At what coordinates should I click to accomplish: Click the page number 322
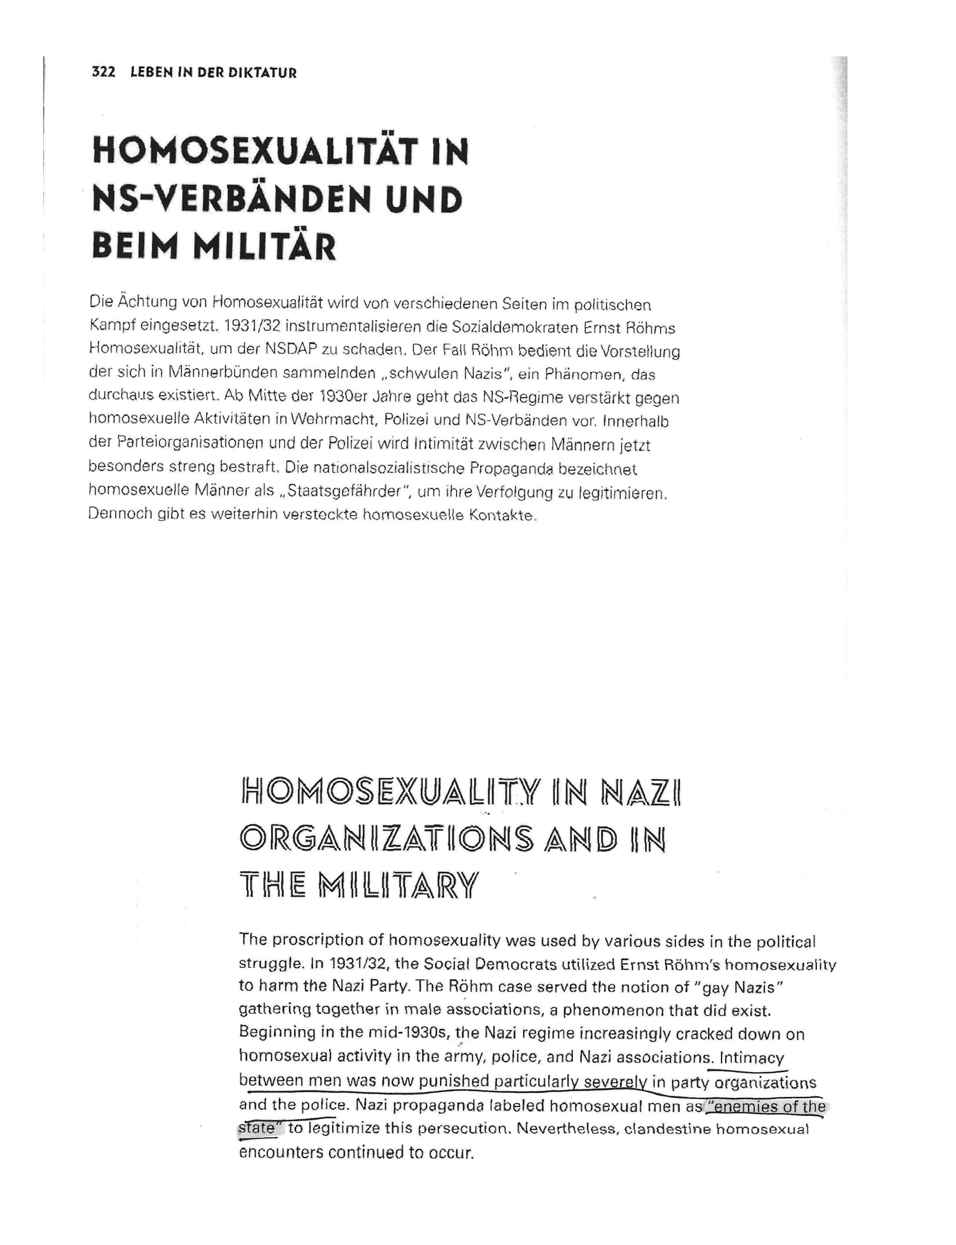click(x=103, y=73)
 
